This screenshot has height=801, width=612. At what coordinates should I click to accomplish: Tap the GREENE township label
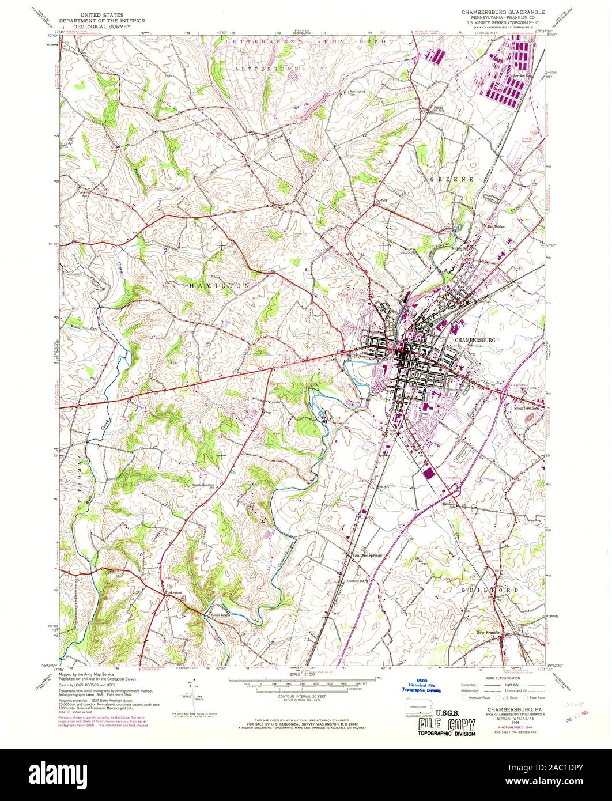coord(452,179)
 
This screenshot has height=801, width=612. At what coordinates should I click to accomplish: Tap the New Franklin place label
coord(490,633)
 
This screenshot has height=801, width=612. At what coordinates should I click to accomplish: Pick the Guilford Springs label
coord(367,556)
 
